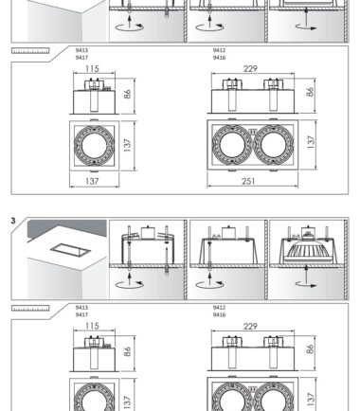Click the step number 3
[13, 221]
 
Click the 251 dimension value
[248, 181]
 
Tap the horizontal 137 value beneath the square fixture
[92, 181]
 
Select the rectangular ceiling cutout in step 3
[70, 251]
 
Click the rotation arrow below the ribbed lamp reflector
[306, 285]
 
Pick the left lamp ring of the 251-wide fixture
[232, 145]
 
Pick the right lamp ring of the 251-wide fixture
[274, 145]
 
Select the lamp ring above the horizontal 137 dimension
[94, 145]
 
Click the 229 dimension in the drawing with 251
[250, 68]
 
